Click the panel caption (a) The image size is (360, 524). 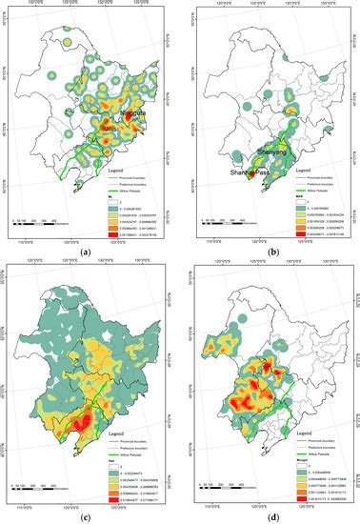[87, 252]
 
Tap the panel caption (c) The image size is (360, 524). [87, 515]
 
